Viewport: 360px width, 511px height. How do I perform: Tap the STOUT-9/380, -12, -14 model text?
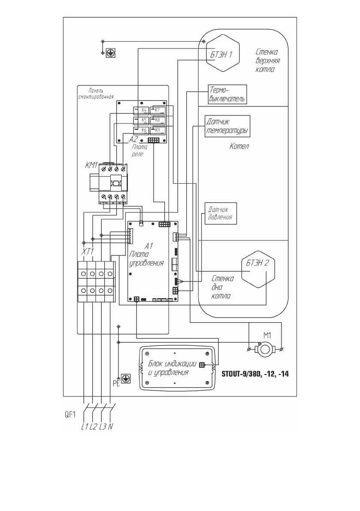[255, 374]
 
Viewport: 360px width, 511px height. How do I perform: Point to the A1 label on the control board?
[149, 246]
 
